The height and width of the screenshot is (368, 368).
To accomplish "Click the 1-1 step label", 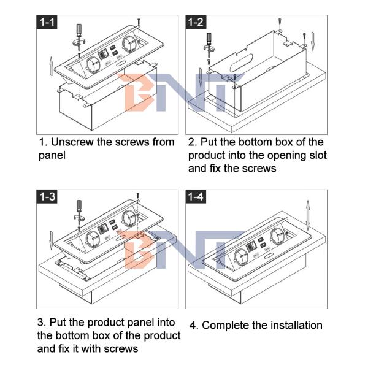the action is pos(47,22).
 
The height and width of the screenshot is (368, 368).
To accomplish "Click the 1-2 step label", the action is pos(196,22).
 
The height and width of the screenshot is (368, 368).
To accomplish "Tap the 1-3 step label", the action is pos(47,196).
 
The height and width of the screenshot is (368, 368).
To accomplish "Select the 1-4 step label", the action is pos(196,196).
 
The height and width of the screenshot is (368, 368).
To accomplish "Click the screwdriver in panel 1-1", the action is pos(79,37).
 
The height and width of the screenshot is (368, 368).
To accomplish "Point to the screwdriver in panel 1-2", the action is pos(209,45).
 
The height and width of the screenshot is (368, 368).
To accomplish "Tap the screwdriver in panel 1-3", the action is pos(79,212).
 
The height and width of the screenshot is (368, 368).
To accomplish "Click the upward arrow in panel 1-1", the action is pos(51,66).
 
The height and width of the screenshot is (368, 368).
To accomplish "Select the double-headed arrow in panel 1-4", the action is pos(308,215).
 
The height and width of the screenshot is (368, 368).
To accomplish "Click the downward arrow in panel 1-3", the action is pos(51,240).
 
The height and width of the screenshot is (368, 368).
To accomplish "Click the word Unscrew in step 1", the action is pos(72,142).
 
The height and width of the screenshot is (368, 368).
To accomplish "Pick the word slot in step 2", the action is pos(317,155).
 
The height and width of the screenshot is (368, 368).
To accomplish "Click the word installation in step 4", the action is pos(296,326).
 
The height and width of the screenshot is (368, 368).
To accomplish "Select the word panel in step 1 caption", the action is pos(52,156).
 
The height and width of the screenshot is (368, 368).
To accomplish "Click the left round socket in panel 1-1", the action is pos(94,65).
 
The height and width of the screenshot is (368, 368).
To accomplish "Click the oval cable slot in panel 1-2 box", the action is pos(242,63).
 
